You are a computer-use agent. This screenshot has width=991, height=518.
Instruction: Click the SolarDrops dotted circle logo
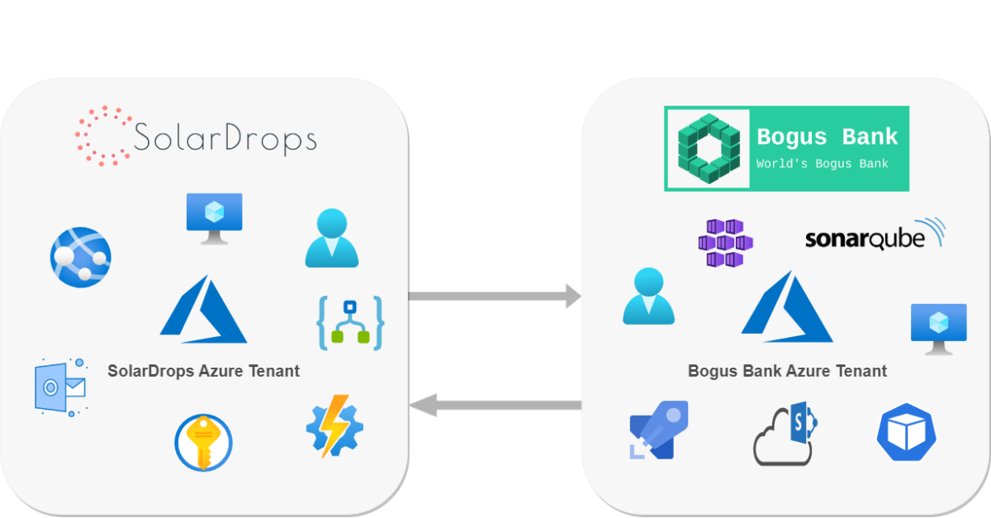[104, 136]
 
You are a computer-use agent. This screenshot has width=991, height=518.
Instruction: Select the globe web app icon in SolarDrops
[80, 257]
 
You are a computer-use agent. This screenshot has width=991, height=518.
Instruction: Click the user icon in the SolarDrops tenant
[332, 239]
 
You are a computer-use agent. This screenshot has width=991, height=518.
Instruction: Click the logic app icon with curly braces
[351, 322]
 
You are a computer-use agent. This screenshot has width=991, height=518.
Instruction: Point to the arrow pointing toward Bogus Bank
[494, 296]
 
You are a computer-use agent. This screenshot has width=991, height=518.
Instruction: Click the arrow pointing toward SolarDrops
[494, 404]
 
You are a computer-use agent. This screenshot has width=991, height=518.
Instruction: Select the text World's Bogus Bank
[823, 164]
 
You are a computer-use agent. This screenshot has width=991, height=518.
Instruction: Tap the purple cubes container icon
[725, 243]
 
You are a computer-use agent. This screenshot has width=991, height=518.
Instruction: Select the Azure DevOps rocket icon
[658, 430]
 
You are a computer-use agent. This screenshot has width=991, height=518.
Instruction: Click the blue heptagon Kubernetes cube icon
[906, 432]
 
